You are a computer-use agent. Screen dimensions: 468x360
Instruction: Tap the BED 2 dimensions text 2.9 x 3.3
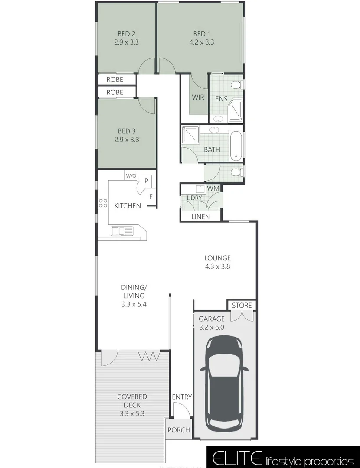(x=126, y=42)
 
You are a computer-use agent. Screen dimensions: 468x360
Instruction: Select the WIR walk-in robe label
(x=198, y=98)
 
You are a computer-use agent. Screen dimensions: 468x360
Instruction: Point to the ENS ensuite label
(x=221, y=99)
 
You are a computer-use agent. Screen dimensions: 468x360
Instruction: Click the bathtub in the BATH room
(x=237, y=145)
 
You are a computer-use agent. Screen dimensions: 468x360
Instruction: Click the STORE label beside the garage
(x=242, y=305)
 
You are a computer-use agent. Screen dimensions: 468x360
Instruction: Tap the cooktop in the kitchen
(x=103, y=202)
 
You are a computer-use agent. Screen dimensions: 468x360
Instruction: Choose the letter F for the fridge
(x=151, y=196)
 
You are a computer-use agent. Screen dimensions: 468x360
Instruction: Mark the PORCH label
(x=179, y=430)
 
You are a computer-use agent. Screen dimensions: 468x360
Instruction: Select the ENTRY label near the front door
(x=182, y=397)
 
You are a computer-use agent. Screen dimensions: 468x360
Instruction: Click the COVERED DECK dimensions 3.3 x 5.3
(x=132, y=413)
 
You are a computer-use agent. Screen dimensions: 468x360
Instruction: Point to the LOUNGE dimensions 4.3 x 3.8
(x=217, y=267)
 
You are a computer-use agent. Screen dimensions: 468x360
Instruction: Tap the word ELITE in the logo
(x=234, y=458)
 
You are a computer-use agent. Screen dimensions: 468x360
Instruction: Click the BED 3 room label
(x=126, y=131)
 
